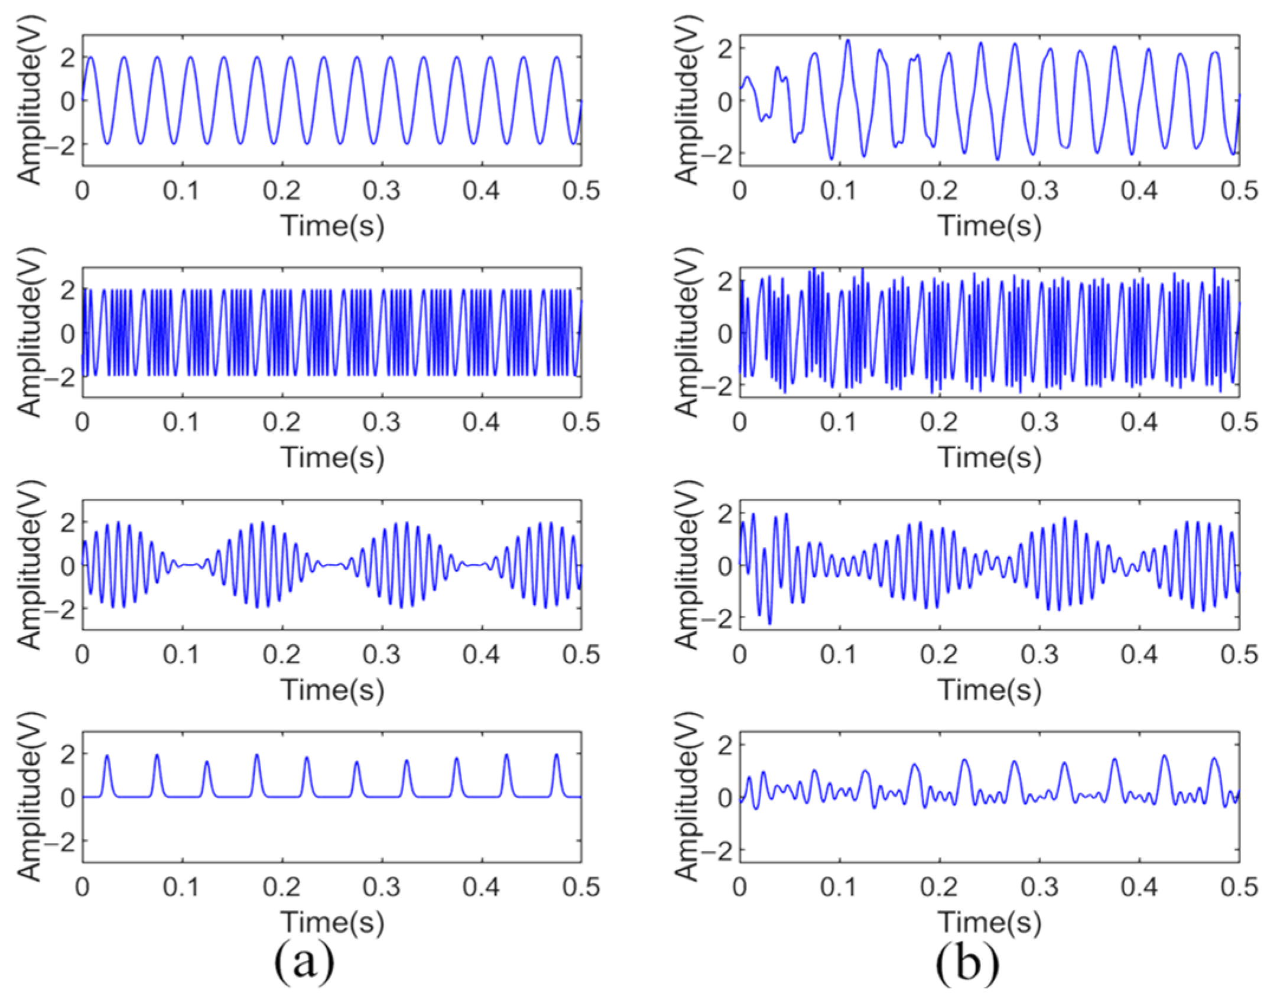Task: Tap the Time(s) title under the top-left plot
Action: pyautogui.click(x=332, y=226)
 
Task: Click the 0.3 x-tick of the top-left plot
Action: pyautogui.click(x=382, y=191)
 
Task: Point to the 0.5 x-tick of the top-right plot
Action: pyautogui.click(x=1239, y=191)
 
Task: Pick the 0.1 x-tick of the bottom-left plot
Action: pyautogui.click(x=183, y=887)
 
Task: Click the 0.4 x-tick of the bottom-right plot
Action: pyautogui.click(x=1139, y=887)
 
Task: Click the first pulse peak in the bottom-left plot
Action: pyautogui.click(x=107, y=756)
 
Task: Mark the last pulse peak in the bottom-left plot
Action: pyautogui.click(x=556, y=755)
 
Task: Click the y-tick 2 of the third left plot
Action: pyautogui.click(x=69, y=522)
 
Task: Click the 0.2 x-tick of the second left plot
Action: pyautogui.click(x=282, y=423)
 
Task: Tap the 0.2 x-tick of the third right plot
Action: pyautogui.click(x=940, y=655)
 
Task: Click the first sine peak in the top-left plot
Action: pyautogui.click(x=90, y=57)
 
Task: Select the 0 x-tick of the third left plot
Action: pyautogui.click(x=83, y=655)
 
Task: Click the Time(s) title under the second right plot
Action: pyautogui.click(x=989, y=457)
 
